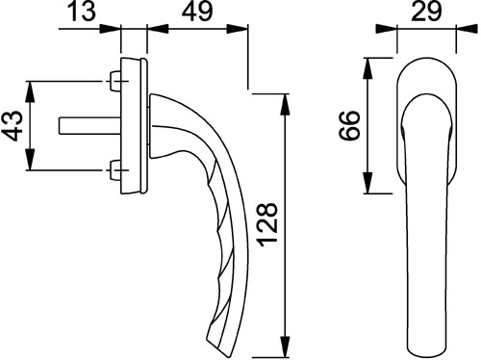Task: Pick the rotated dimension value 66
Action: [x=351, y=125]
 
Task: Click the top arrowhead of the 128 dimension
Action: [x=286, y=100]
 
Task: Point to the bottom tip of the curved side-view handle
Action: [x=214, y=343]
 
